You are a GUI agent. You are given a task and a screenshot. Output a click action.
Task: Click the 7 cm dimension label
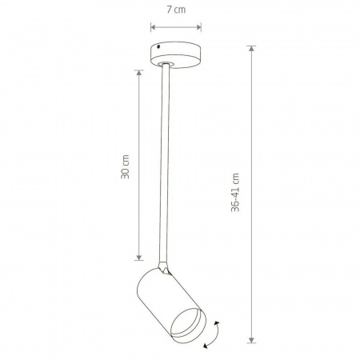pos(176,10)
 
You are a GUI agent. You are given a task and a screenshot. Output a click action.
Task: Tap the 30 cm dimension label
pos(125,166)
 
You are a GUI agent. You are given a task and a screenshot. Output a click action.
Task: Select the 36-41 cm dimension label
pos(235,192)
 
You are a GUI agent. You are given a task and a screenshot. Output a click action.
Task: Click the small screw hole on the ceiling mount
pos(158,46)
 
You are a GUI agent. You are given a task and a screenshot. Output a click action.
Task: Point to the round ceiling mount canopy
pos(175,54)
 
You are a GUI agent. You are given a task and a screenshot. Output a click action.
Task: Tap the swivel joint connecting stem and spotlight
pos(164,268)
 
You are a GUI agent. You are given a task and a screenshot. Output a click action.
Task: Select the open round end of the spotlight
pos(188,326)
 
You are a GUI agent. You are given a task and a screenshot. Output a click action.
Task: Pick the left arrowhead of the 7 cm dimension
pos(153,27)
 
